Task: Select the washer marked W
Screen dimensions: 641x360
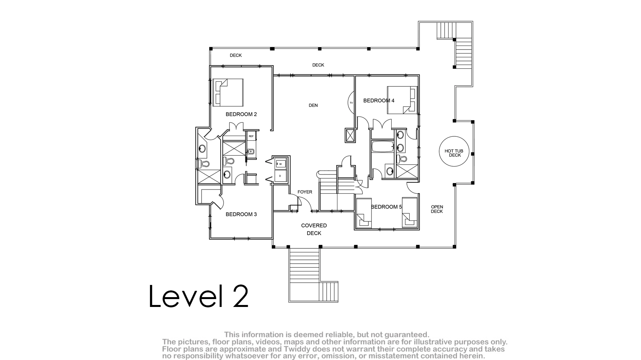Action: pos(280,164)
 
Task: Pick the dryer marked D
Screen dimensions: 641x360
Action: pos(280,176)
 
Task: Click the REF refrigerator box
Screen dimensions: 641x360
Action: pos(251,136)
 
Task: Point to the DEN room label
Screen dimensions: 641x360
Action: pos(313,105)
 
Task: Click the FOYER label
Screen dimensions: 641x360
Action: pos(305,192)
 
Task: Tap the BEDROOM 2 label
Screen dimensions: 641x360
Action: pos(241,114)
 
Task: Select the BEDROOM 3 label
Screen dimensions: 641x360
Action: pos(241,214)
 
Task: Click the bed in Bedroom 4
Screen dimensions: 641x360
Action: pos(402,100)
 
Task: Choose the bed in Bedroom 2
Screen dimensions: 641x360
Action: pos(228,92)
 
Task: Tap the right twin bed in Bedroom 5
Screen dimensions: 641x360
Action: pos(410,212)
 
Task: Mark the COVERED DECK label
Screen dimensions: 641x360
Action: pos(314,230)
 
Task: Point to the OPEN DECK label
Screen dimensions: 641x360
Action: pos(437,209)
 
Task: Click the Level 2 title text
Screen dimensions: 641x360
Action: pos(199,296)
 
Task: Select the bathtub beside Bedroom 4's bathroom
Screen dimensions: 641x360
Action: pos(383,146)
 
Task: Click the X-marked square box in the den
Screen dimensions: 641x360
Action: pos(350,136)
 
